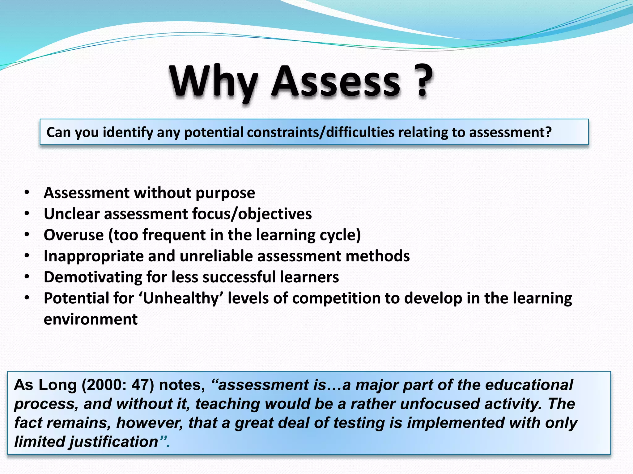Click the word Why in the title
click(x=213, y=82)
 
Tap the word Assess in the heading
click(x=335, y=82)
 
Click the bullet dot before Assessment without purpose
click(x=27, y=193)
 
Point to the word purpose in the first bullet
click(x=225, y=193)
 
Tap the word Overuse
click(x=74, y=235)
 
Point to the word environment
click(x=91, y=319)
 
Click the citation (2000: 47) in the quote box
click(x=118, y=385)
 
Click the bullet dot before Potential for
click(x=27, y=298)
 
